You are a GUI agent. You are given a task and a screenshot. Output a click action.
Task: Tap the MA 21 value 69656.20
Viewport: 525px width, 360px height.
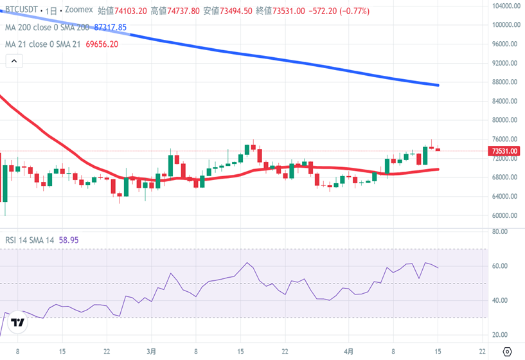tap(103, 44)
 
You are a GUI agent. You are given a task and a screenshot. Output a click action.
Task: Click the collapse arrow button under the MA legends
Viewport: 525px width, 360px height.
tap(14, 61)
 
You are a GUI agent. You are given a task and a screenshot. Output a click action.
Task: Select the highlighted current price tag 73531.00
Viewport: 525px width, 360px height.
tap(504, 151)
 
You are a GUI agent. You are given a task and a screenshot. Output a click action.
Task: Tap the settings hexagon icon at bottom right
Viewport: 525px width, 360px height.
tap(507, 352)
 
